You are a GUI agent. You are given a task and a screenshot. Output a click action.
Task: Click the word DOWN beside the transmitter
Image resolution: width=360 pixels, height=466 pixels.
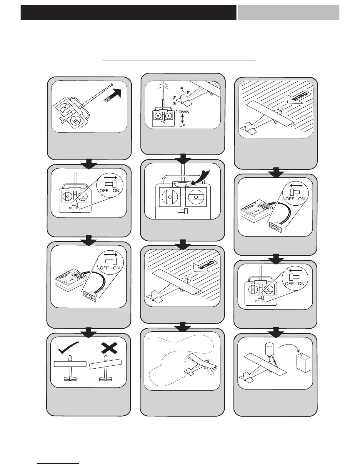pos(182,112)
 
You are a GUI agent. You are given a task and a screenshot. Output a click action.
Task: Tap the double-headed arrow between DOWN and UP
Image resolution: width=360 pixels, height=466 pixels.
pos(182,119)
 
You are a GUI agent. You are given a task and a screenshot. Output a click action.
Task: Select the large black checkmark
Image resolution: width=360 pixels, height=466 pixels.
pos(69,347)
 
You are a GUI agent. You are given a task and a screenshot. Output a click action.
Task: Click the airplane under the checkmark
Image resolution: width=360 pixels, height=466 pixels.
pos(70,368)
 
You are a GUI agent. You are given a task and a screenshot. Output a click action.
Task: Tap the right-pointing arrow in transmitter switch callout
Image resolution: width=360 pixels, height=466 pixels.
pos(111,177)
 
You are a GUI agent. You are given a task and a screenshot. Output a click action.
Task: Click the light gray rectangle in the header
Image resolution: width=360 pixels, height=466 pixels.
pos(288,12)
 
